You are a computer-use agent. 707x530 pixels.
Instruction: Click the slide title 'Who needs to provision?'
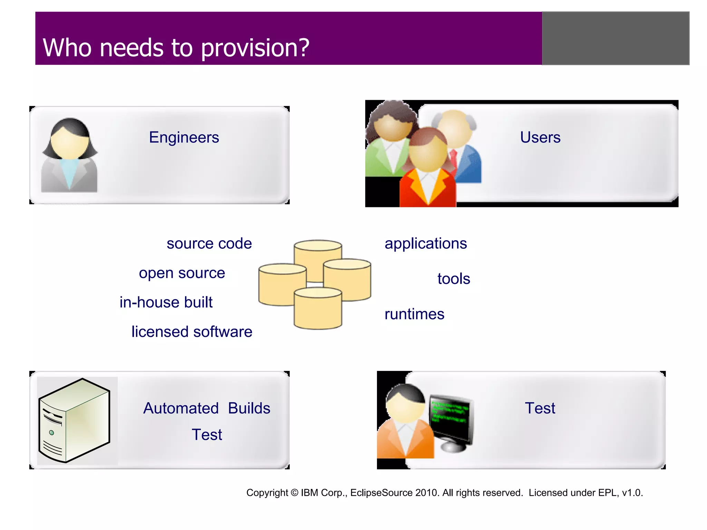(176, 48)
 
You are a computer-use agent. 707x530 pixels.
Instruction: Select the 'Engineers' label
(184, 137)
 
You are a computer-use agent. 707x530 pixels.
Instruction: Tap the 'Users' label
(540, 137)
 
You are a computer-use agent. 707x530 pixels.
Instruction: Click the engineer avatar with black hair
(70, 155)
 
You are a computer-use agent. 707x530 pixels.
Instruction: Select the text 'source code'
(209, 244)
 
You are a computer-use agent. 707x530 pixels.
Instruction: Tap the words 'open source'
(182, 273)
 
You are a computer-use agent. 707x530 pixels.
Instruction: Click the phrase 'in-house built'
(166, 303)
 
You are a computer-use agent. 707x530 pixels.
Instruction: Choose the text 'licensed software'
(192, 332)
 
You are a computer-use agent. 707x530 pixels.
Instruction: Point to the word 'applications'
(426, 244)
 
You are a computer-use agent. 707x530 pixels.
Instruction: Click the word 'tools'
(454, 279)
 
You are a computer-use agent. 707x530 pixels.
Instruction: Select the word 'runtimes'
(414, 314)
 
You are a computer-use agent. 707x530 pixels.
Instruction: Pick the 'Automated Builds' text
(206, 409)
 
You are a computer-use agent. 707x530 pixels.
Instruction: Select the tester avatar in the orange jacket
(406, 424)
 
